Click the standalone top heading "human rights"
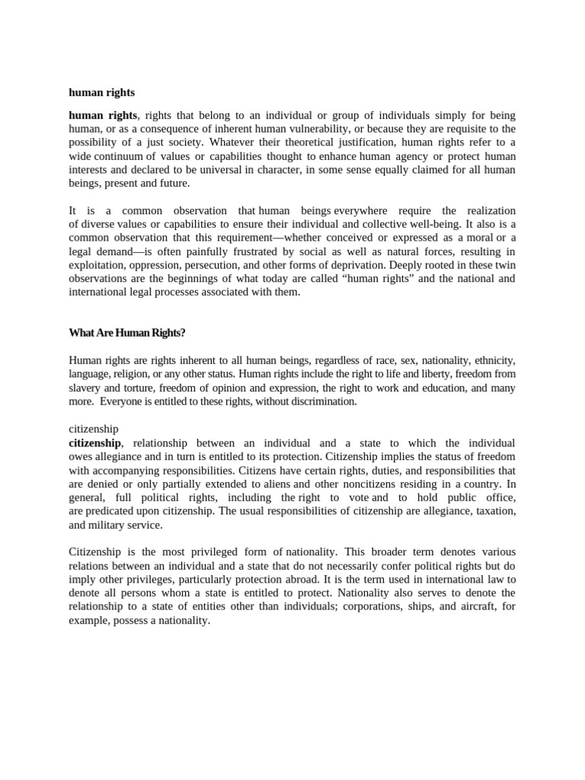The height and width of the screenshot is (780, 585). (x=101, y=92)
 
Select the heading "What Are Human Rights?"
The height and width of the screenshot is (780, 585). (x=127, y=332)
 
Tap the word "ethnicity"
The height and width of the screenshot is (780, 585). (x=494, y=360)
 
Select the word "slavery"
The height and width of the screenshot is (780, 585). (x=85, y=388)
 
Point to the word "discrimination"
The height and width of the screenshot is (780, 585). (x=323, y=401)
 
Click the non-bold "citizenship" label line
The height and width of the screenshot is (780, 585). (x=94, y=429)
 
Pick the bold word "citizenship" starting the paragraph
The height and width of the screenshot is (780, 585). (x=94, y=443)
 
